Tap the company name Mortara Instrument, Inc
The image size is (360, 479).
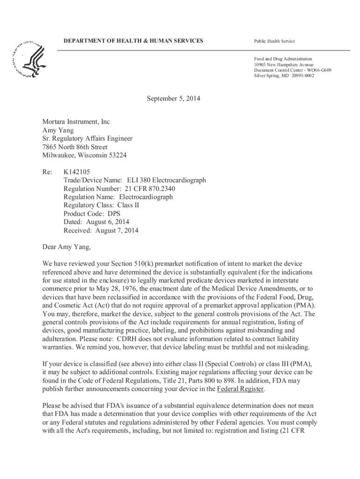(76, 122)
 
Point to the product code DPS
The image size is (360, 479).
(111, 213)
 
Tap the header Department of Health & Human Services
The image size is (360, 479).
(133, 41)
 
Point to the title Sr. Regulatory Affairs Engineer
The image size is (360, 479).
(87, 138)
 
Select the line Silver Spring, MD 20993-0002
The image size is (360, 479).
(284, 75)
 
